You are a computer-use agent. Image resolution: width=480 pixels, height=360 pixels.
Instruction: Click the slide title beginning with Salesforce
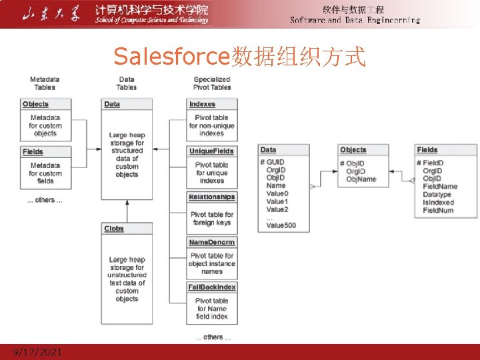(239, 57)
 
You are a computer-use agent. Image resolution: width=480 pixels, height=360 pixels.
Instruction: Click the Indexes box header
(203, 104)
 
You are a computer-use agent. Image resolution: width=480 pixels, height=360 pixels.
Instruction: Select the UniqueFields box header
(211, 151)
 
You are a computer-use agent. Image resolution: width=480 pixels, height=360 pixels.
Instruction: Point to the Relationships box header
(211, 197)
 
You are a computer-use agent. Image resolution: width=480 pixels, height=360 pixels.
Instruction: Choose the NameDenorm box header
(211, 243)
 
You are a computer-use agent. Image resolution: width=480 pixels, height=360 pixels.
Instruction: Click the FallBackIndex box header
(211, 287)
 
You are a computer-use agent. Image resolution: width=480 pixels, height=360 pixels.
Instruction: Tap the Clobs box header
(114, 229)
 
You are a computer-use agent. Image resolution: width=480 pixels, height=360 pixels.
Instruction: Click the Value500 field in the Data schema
(281, 225)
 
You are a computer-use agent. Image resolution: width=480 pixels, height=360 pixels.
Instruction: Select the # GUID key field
(273, 162)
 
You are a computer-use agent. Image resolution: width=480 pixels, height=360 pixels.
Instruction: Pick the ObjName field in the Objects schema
(361, 179)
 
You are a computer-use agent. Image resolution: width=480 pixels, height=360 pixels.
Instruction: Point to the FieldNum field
(438, 210)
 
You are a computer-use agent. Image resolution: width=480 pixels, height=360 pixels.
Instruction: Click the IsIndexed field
(438, 202)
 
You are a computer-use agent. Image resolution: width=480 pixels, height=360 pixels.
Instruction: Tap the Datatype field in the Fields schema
(437, 194)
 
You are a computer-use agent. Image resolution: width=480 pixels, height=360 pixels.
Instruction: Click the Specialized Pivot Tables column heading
(212, 83)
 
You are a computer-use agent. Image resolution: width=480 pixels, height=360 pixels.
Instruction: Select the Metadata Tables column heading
(45, 83)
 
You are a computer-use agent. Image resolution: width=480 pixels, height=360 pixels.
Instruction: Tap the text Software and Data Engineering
(355, 20)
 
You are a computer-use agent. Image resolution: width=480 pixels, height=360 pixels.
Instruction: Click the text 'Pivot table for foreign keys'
(212, 218)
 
